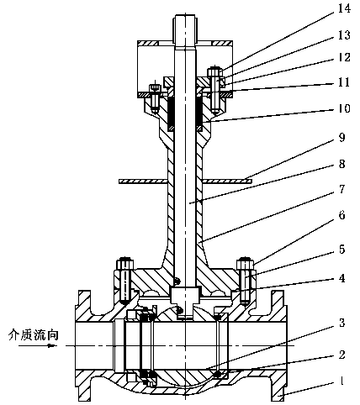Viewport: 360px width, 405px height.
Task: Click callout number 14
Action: click(344, 8)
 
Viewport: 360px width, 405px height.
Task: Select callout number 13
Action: click(344, 35)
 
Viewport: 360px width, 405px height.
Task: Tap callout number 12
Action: click(344, 57)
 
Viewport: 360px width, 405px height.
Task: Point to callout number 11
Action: click(344, 82)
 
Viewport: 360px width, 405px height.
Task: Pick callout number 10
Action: click(344, 108)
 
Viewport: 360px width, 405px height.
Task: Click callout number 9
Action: click(341, 137)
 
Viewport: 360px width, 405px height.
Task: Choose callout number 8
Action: click(341, 164)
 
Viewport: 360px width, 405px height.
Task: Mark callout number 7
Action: click(341, 189)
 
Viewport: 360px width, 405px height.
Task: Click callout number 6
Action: click(341, 215)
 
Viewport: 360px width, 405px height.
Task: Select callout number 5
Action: click(341, 249)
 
